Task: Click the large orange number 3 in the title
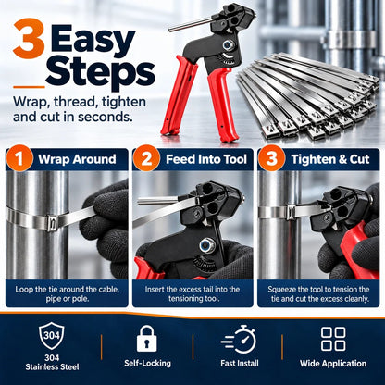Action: [29, 39]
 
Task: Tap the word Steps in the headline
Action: [100, 73]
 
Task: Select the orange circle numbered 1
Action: [19, 158]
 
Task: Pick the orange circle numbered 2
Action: [146, 158]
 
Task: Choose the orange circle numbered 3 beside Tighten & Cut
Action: [271, 158]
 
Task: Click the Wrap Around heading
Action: [77, 159]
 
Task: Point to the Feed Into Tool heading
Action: [206, 159]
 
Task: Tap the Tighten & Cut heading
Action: [330, 159]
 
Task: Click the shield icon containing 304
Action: [52, 336]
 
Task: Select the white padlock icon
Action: [147, 339]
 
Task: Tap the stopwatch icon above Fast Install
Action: [239, 339]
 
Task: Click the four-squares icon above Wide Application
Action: [333, 339]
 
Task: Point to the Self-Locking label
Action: [147, 363]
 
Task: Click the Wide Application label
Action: [333, 364]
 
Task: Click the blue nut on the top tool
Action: [228, 46]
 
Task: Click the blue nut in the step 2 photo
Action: [207, 245]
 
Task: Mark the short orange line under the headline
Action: [29, 87]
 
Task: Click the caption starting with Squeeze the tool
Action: [318, 294]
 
